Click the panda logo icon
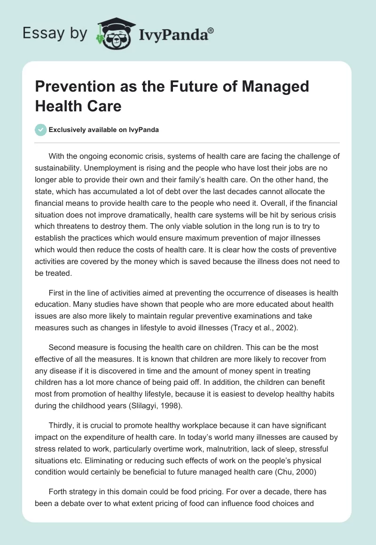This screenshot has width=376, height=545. [x=113, y=33]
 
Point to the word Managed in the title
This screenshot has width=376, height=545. [x=272, y=87]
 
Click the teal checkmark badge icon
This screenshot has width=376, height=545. [x=41, y=130]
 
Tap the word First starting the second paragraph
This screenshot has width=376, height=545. [x=56, y=293]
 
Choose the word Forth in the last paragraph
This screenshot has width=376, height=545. [x=57, y=492]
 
